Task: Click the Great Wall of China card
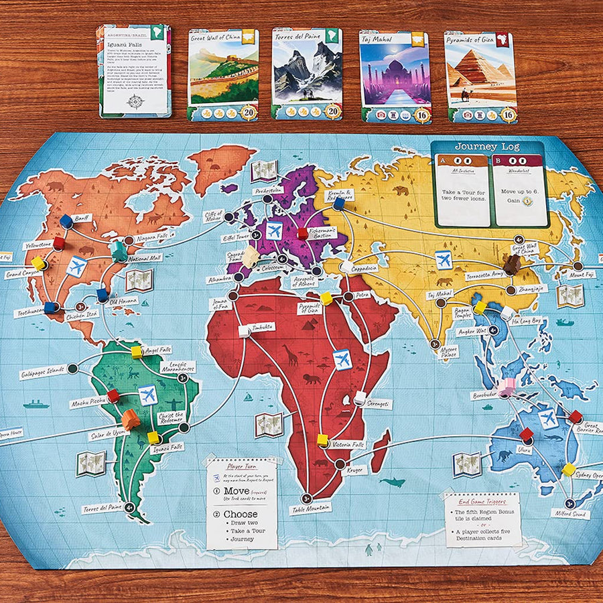(223, 74)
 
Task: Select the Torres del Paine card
(308, 74)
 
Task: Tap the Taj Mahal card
(395, 76)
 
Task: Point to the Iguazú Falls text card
(134, 70)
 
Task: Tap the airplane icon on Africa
(342, 359)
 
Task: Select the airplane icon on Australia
(548, 418)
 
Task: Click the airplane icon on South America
(147, 395)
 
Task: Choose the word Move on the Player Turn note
(237, 490)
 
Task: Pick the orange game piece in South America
(131, 419)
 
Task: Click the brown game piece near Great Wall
(512, 265)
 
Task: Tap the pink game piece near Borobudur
(507, 387)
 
